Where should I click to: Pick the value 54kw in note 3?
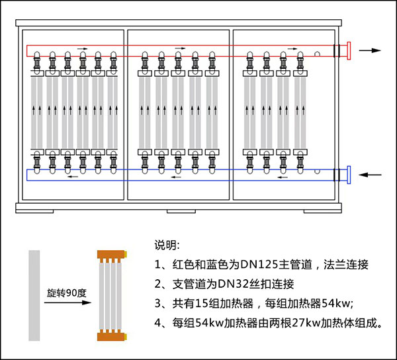328,304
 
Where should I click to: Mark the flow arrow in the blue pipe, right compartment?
283,177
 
